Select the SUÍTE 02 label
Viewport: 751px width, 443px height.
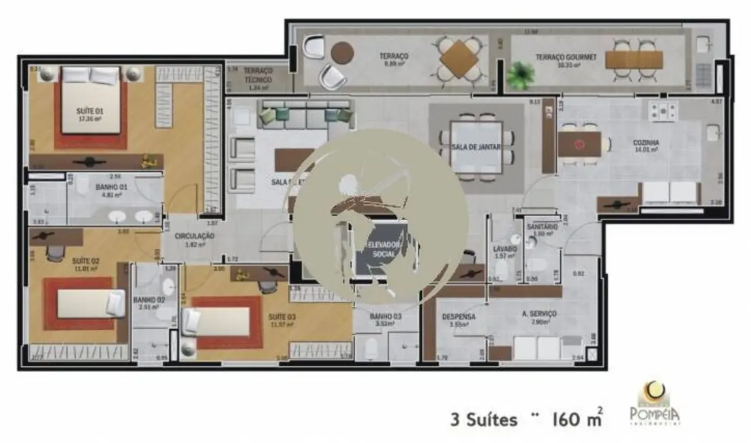click(x=85, y=260)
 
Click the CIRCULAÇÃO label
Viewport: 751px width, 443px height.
click(x=194, y=236)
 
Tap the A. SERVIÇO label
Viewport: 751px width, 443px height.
click(x=539, y=314)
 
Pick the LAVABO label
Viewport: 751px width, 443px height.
click(x=504, y=249)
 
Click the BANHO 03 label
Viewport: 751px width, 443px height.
click(x=385, y=317)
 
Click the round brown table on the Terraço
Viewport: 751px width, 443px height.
click(x=342, y=52)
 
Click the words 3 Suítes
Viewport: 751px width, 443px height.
click(x=483, y=419)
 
